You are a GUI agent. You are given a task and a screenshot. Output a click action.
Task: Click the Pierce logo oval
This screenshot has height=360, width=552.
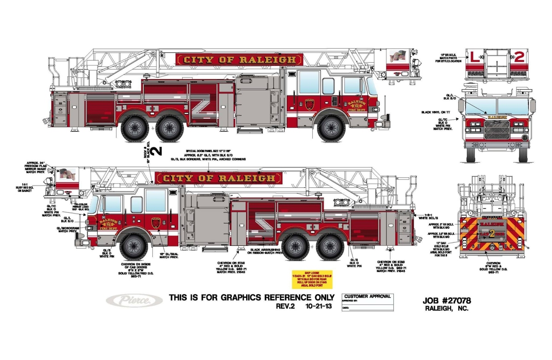[134, 300]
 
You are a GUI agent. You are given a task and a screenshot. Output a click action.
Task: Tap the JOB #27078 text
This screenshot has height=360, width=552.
[446, 301]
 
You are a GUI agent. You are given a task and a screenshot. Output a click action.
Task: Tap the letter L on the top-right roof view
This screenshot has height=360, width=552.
[474, 58]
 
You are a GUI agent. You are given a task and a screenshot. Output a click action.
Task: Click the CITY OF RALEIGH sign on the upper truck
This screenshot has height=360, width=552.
[239, 59]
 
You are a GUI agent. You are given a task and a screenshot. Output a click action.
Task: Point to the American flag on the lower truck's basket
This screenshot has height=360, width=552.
[67, 174]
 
